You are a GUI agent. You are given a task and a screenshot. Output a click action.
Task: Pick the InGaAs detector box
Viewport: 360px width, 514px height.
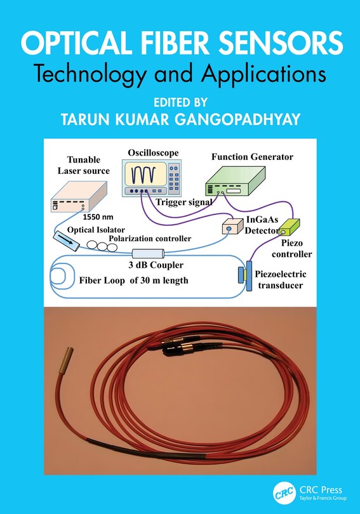click(x=229, y=228)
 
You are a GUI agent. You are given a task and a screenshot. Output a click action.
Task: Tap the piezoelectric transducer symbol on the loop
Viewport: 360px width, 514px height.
click(x=246, y=276)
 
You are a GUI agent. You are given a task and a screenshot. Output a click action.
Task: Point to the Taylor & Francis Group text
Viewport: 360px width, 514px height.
click(x=321, y=499)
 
